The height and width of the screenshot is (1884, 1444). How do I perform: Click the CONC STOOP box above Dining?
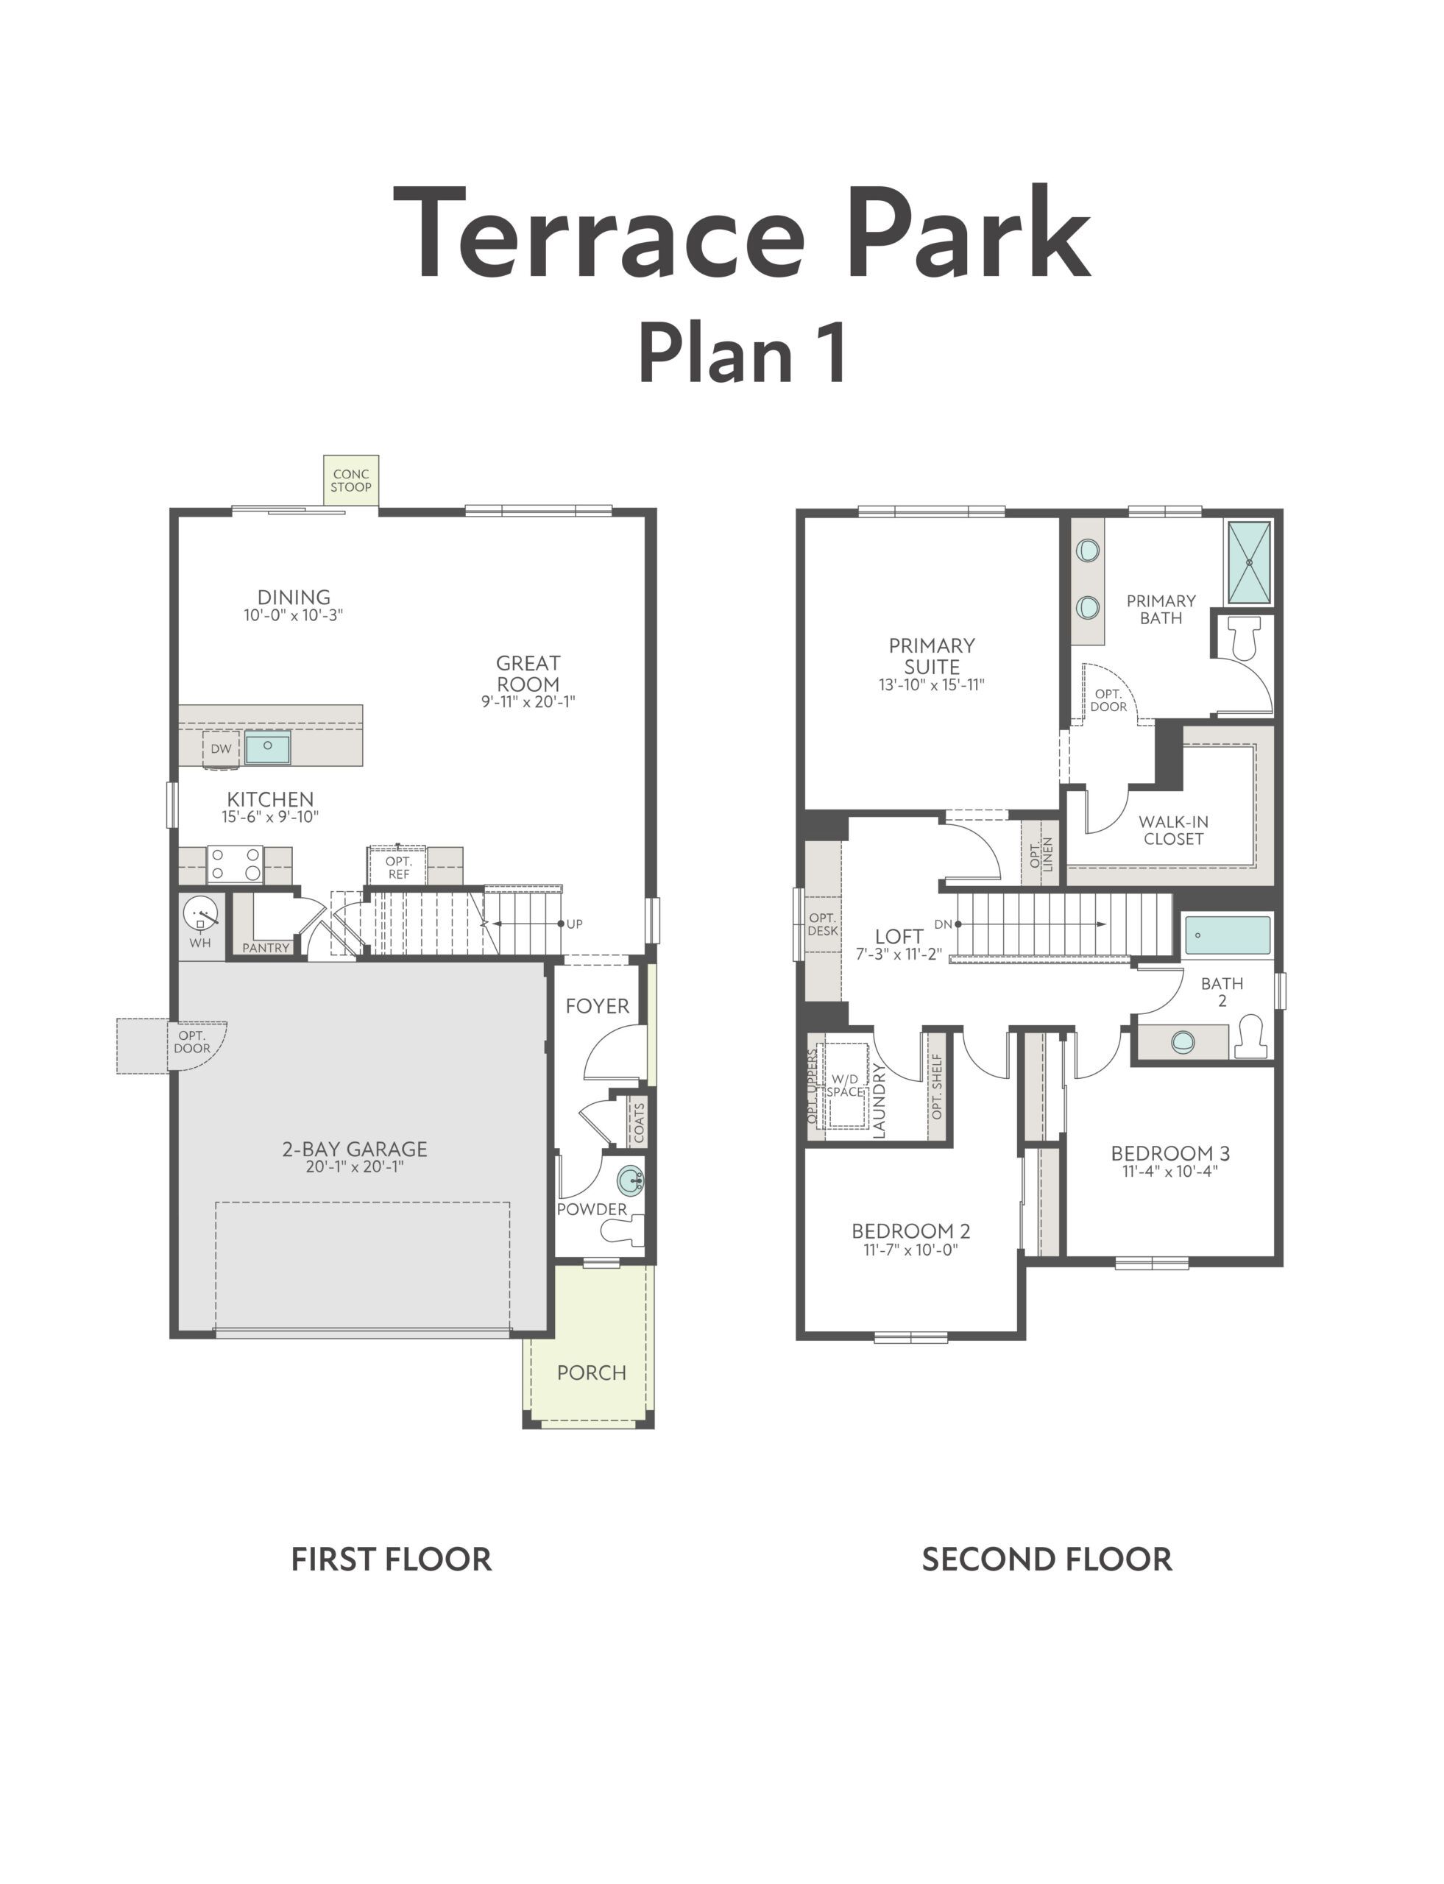(x=350, y=481)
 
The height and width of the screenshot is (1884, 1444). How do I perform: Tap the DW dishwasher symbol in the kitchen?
(x=221, y=748)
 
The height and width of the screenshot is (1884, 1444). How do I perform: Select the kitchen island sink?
(x=267, y=747)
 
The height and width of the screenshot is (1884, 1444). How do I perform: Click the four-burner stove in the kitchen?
(x=235, y=865)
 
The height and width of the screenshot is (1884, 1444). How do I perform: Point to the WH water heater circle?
(x=201, y=916)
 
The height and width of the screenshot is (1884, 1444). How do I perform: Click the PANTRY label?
(x=266, y=948)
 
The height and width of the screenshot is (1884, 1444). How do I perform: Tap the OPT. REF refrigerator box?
(x=398, y=866)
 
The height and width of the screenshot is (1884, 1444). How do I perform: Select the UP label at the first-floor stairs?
(x=575, y=924)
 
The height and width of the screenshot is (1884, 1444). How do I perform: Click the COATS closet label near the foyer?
(x=640, y=1122)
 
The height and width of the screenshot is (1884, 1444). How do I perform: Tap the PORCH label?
(x=591, y=1373)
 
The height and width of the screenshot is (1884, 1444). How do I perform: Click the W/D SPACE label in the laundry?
(x=845, y=1085)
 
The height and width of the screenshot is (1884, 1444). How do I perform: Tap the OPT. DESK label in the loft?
(x=823, y=924)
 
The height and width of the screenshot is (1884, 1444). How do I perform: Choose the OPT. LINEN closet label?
(x=1041, y=855)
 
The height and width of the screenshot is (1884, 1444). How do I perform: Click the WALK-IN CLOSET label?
(x=1173, y=830)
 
